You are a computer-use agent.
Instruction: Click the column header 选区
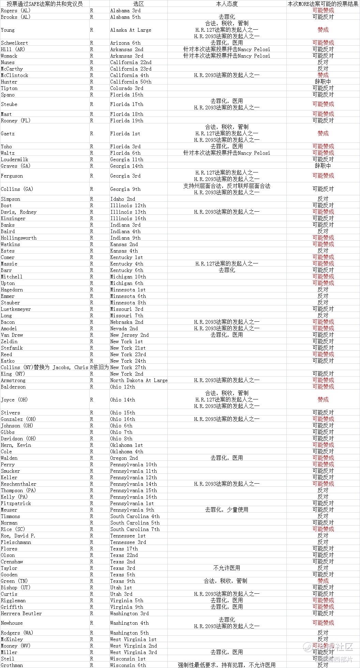coord(138,4)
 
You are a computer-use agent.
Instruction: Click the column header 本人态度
coord(227,4)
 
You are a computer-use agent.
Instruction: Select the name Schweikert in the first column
coord(14,43)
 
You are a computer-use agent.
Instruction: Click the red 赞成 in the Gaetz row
coord(323,133)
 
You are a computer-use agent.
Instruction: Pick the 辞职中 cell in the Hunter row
coord(323,82)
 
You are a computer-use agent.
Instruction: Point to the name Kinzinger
coord(13,218)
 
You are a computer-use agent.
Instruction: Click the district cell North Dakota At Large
coord(139,380)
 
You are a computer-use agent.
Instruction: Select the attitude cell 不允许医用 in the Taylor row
coord(227,568)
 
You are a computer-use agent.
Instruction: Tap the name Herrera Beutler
coord(21,613)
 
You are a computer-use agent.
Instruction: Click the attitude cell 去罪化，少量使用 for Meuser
coord(227,510)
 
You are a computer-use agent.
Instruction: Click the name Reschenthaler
coord(18,484)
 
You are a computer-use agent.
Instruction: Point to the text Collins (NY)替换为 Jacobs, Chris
coord(44,367)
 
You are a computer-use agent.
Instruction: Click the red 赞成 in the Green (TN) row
coord(323,581)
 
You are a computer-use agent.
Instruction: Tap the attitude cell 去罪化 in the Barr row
coord(227,270)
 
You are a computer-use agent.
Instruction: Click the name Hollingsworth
coord(18,238)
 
